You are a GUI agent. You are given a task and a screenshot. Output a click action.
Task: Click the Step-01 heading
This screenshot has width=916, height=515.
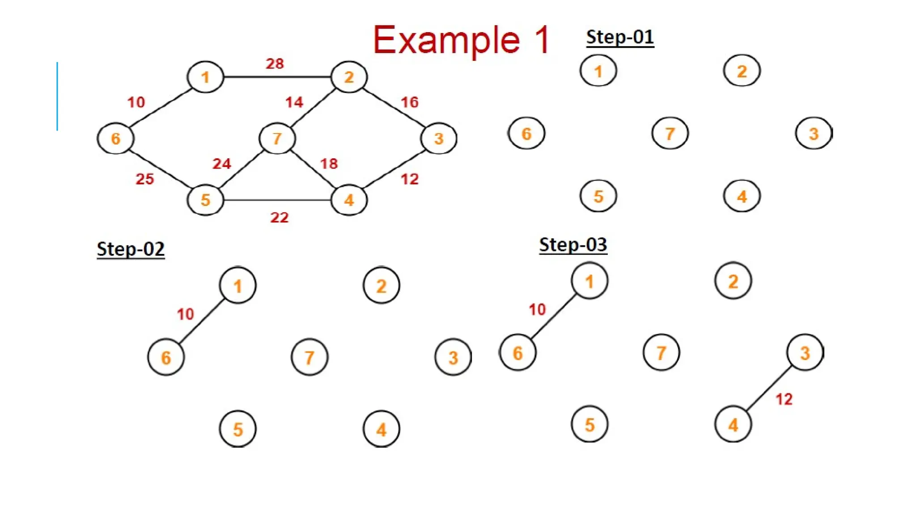coord(620,37)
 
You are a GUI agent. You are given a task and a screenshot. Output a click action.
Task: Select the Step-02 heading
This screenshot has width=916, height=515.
coord(131,249)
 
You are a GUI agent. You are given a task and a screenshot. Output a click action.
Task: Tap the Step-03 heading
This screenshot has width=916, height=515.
coord(573,245)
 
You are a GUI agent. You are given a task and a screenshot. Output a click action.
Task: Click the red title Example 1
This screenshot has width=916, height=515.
coord(461,40)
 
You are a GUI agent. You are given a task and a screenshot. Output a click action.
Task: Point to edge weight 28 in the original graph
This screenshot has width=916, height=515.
coord(275,63)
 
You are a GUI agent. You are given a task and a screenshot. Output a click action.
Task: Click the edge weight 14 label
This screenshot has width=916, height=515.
coord(294,102)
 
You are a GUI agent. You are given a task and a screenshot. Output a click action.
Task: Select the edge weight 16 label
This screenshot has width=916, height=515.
coord(410,102)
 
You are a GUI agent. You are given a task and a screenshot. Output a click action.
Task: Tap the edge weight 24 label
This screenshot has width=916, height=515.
coord(222,164)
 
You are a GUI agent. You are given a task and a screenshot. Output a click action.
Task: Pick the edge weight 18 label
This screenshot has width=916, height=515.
coord(329,164)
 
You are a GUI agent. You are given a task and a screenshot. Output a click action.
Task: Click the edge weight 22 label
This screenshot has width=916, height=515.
coord(280,218)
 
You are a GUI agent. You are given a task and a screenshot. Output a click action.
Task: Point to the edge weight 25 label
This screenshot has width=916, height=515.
coord(145,179)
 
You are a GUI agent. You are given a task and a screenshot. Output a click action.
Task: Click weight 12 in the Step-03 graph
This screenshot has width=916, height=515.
coord(784,399)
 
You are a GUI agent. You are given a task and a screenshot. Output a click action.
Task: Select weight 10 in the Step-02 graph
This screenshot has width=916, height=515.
coord(186,314)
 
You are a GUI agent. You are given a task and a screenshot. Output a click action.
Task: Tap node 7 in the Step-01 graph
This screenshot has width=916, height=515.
coord(670,133)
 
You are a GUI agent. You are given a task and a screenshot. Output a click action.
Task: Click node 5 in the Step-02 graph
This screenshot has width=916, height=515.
coord(238,429)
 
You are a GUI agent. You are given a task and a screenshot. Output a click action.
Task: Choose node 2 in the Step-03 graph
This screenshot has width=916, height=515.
coord(733,281)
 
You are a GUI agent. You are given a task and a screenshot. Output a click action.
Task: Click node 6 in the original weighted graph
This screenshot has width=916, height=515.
coord(115,139)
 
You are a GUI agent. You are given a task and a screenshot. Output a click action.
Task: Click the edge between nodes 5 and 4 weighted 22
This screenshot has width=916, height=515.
coord(277,200)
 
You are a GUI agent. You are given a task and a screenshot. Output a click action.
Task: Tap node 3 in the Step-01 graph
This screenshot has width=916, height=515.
coord(814,133)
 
